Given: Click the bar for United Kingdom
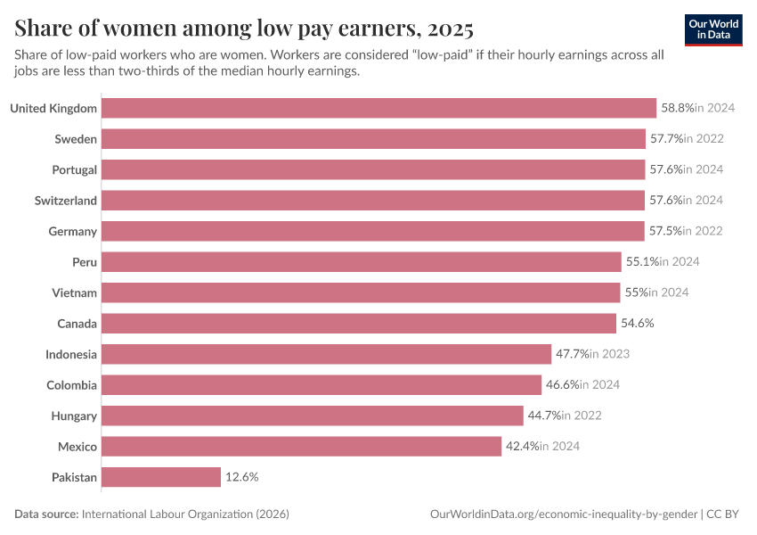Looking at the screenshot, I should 378,108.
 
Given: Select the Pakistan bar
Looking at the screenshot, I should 160,477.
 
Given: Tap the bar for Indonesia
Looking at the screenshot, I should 326,354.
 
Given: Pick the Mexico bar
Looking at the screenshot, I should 301,446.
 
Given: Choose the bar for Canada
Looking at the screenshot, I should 358,323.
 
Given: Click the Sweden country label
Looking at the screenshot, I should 76,139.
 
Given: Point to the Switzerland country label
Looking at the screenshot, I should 66,201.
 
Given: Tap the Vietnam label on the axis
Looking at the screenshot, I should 75,292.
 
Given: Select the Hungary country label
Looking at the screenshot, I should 73,416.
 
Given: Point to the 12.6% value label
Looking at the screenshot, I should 241,477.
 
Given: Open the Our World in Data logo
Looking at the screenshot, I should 713,29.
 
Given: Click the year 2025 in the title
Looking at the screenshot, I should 450,29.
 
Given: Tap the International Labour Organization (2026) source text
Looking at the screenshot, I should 185,514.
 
